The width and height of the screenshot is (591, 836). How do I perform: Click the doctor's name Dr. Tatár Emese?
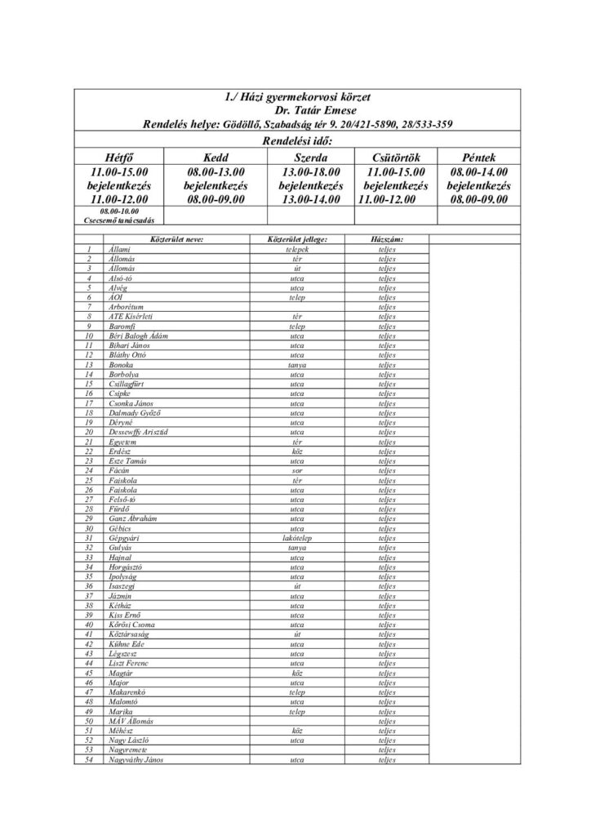(x=295, y=111)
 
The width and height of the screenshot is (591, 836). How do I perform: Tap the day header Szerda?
(x=309, y=158)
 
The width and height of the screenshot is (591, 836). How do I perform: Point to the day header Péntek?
(x=479, y=158)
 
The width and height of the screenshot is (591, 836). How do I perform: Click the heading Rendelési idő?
(x=295, y=140)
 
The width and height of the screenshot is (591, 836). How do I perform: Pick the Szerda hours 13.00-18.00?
(x=309, y=172)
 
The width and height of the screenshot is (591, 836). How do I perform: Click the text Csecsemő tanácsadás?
(x=120, y=220)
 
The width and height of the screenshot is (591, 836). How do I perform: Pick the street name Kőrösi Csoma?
(x=132, y=625)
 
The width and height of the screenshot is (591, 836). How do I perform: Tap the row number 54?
(x=88, y=760)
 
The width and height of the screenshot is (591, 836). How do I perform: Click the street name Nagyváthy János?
(x=136, y=760)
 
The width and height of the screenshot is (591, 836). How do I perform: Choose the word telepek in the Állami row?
(x=291, y=248)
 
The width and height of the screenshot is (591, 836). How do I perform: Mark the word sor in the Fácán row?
(x=291, y=470)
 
